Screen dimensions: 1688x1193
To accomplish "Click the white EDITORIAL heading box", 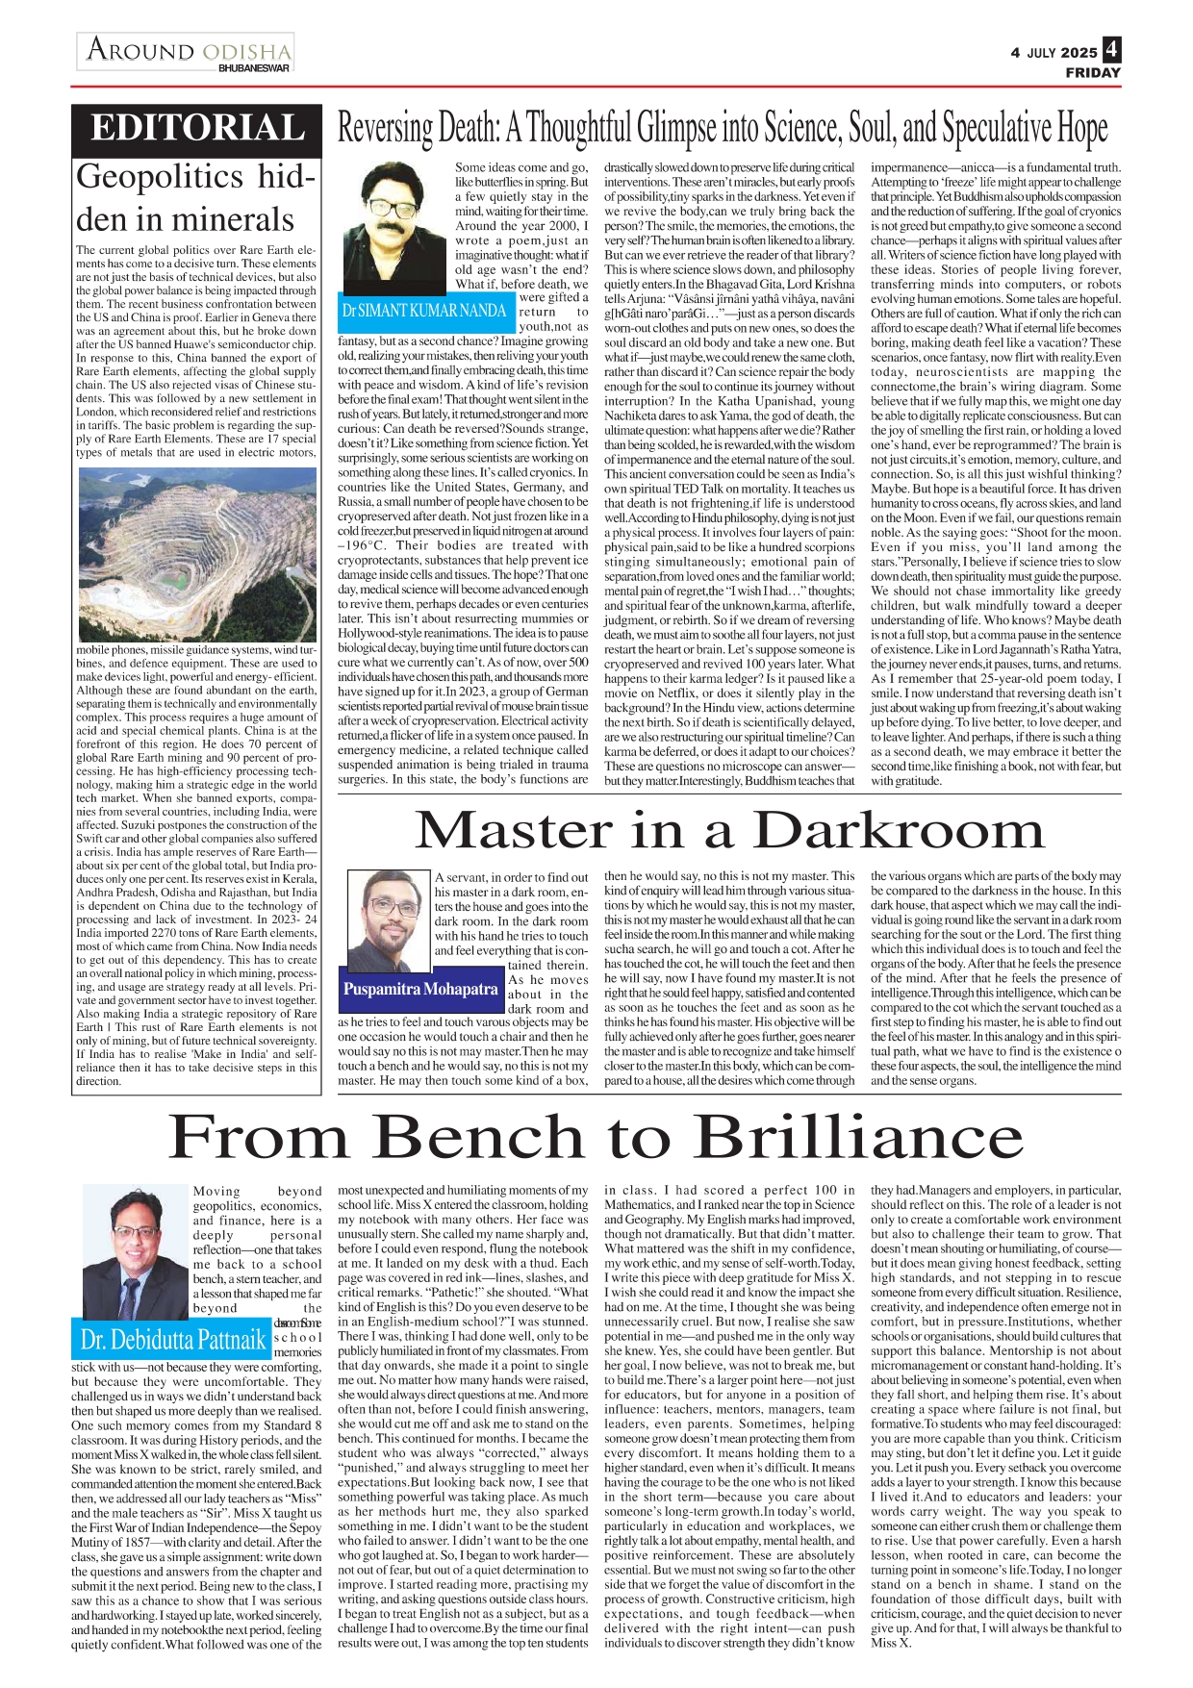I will (196, 129).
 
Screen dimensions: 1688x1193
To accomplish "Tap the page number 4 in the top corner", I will (1111, 49).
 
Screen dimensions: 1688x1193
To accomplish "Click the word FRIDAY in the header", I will (1092, 72).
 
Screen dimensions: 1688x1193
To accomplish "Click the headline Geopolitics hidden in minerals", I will (196, 198).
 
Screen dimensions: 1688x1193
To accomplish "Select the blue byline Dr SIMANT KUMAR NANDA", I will (424, 310).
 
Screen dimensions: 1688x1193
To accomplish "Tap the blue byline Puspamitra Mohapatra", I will (420, 989).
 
